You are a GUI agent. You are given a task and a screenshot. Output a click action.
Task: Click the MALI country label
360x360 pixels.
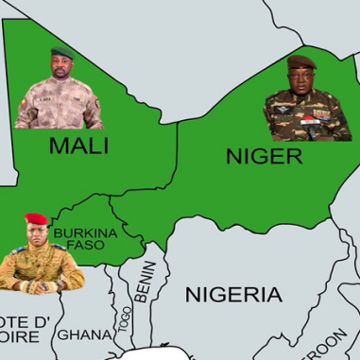click(78, 146)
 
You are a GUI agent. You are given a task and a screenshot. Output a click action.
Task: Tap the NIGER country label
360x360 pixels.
click(264, 156)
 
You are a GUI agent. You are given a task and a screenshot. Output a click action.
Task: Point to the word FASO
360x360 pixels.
click(85, 245)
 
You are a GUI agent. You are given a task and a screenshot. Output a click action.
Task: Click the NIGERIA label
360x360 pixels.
click(232, 293)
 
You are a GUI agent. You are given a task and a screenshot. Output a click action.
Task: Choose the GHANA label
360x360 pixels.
click(85, 334)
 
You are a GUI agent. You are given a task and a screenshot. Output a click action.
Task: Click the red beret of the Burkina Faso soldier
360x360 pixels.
click(36, 219)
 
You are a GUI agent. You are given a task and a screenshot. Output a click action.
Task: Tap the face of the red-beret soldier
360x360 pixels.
click(36, 232)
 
